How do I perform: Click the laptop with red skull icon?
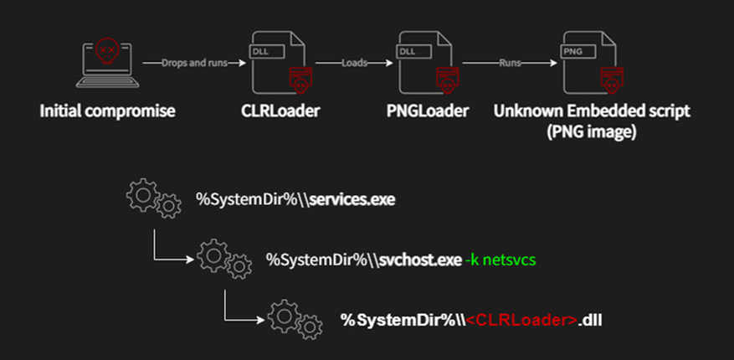pyautogui.click(x=106, y=64)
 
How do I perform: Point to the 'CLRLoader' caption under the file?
pyautogui.click(x=275, y=111)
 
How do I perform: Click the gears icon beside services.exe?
pyautogui.click(x=151, y=198)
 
